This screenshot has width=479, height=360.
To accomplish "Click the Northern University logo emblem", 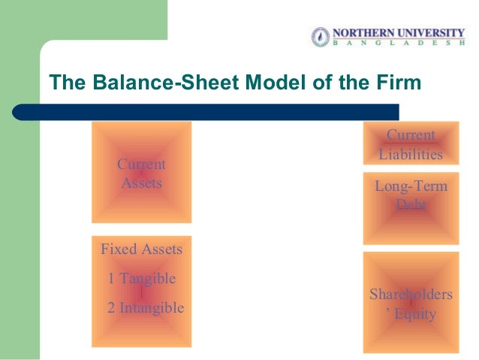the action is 320,37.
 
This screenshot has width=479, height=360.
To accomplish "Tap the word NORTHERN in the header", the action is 364,33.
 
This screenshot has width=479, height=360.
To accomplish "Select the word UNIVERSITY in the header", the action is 434,33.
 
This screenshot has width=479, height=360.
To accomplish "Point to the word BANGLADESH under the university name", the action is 401,44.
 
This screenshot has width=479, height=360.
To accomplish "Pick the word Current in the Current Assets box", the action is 141,165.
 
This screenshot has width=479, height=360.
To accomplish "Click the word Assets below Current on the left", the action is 141,183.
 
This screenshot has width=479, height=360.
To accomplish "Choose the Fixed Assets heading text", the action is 141,249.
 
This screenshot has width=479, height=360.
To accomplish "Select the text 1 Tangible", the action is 141,279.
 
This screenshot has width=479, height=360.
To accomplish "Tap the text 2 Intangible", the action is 146,307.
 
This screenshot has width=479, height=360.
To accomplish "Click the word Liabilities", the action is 411,155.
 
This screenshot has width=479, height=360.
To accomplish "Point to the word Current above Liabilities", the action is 411,136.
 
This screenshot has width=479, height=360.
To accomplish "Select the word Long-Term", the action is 411,186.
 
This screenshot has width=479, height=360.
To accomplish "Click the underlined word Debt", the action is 411,204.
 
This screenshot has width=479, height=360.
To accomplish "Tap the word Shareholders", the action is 411,295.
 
